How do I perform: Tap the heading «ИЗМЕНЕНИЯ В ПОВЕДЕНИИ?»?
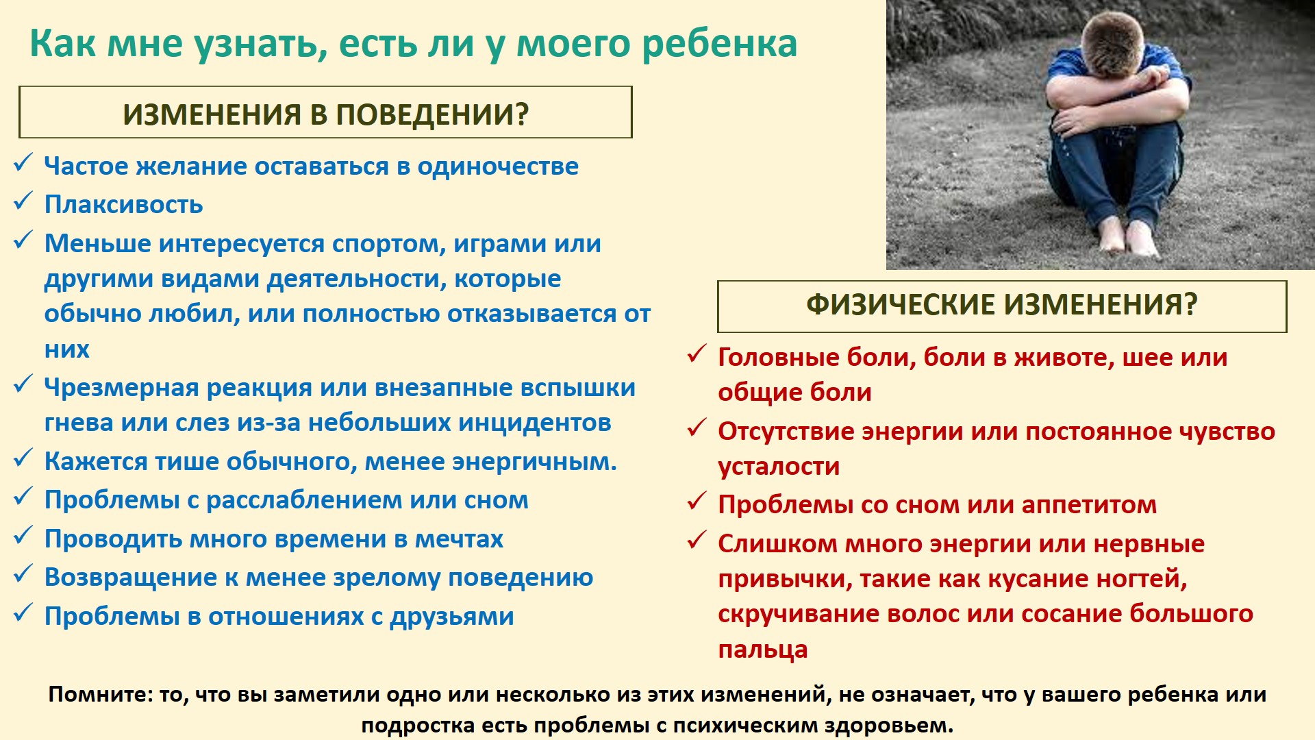tap(325, 114)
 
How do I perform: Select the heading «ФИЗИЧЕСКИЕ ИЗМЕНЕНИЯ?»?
tap(1001, 305)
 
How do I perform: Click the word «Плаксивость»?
tap(123, 204)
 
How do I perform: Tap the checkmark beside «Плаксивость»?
tap(23, 201)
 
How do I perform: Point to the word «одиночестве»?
tap(498, 166)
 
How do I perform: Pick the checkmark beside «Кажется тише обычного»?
tap(23, 458)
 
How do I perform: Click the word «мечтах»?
tap(459, 539)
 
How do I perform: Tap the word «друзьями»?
tap(451, 617)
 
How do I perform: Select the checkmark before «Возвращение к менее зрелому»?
tap(23, 574)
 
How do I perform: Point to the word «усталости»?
tap(779, 467)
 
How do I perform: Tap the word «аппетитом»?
tap(1089, 506)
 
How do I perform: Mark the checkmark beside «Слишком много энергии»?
tap(697, 541)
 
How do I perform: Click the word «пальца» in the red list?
tap(763, 650)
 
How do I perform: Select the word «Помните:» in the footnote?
tap(101, 695)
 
